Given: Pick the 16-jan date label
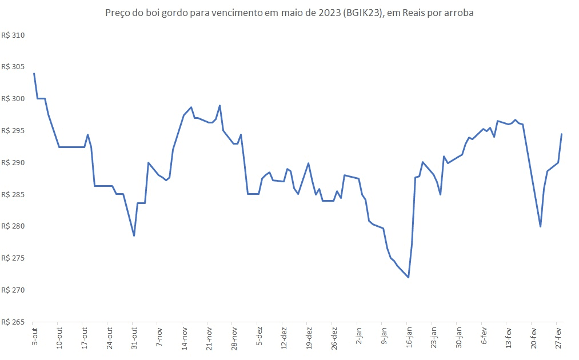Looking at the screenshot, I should click(x=409, y=337).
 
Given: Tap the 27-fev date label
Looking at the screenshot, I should click(x=559, y=337).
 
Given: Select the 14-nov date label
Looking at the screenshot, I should click(x=183, y=338).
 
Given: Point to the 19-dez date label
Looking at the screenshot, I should click(x=309, y=338).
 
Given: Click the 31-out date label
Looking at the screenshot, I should click(x=134, y=338).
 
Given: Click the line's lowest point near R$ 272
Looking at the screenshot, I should click(x=409, y=277).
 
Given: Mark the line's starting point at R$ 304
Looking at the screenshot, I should click(x=34, y=73).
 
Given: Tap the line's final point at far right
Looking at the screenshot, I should click(x=562, y=134).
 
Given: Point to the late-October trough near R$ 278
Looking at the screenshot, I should click(x=134, y=235).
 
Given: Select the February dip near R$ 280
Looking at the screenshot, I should click(x=540, y=226).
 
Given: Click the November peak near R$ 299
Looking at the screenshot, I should click(x=220, y=106).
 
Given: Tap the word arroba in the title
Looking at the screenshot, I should click(x=457, y=13).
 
